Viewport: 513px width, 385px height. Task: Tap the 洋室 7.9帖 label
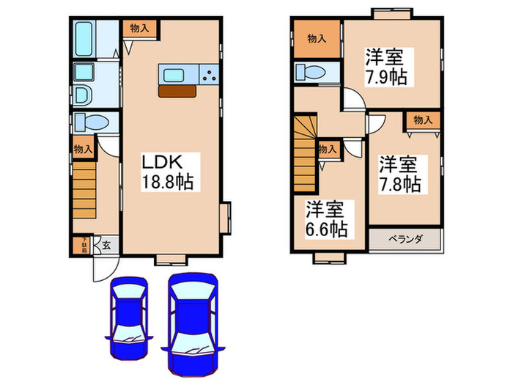tap(386, 66)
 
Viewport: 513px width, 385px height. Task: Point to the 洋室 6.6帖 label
tap(326, 219)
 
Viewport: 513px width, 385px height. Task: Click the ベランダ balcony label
tap(405, 239)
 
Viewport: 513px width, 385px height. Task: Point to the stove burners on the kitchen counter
tap(209, 75)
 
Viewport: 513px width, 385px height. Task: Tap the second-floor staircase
tap(305, 150)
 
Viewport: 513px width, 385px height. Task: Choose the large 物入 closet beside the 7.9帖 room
tap(317, 39)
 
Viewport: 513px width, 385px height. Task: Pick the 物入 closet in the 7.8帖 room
tap(423, 120)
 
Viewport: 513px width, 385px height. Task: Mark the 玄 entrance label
tap(106, 246)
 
